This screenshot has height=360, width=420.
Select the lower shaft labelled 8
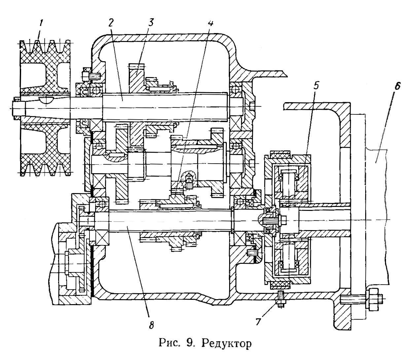pyautogui.click(x=171, y=221)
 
